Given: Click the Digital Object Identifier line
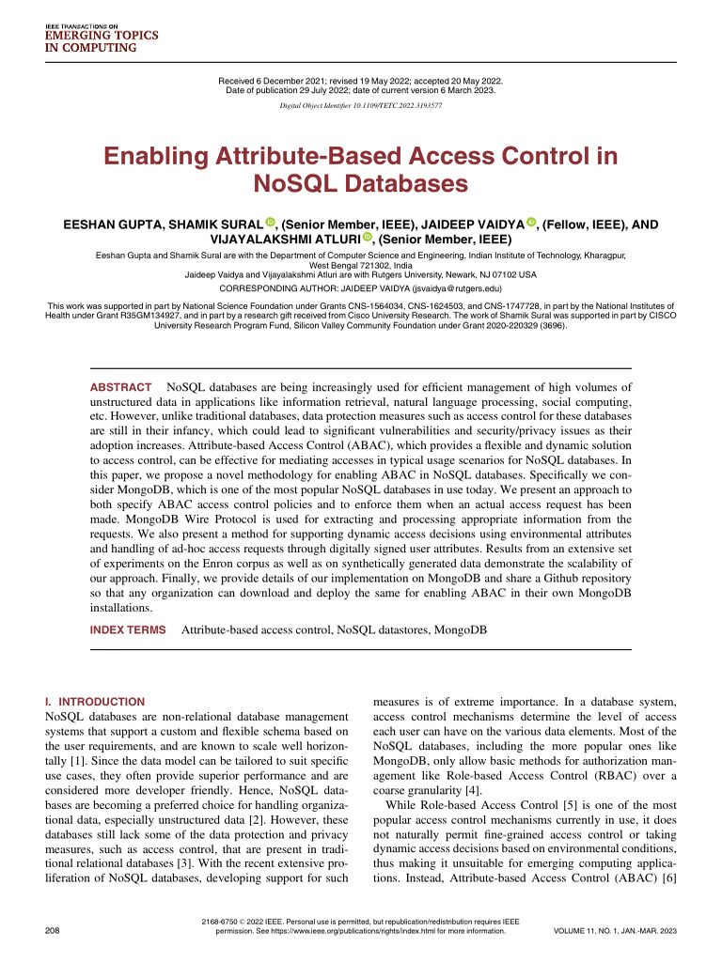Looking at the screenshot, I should pyautogui.click(x=361, y=106).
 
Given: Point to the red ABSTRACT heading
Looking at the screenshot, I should pyautogui.click(x=120, y=387).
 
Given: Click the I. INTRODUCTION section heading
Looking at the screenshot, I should pyautogui.click(x=95, y=702).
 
